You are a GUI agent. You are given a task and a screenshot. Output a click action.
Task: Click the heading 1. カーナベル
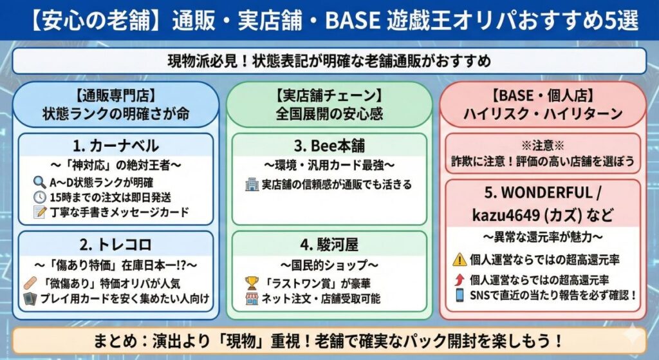point(116,146)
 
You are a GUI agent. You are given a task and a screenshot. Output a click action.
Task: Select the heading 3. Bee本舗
point(329,146)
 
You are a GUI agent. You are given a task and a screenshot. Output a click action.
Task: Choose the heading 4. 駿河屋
point(329,244)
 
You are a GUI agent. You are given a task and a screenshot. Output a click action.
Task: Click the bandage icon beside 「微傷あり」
point(33,282)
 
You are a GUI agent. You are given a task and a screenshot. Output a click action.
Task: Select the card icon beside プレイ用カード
point(33,298)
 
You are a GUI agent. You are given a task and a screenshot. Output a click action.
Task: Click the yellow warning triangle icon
point(459,260)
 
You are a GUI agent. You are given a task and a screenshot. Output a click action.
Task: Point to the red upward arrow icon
point(459,280)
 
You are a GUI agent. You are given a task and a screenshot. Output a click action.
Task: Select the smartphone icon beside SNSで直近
point(459,295)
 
